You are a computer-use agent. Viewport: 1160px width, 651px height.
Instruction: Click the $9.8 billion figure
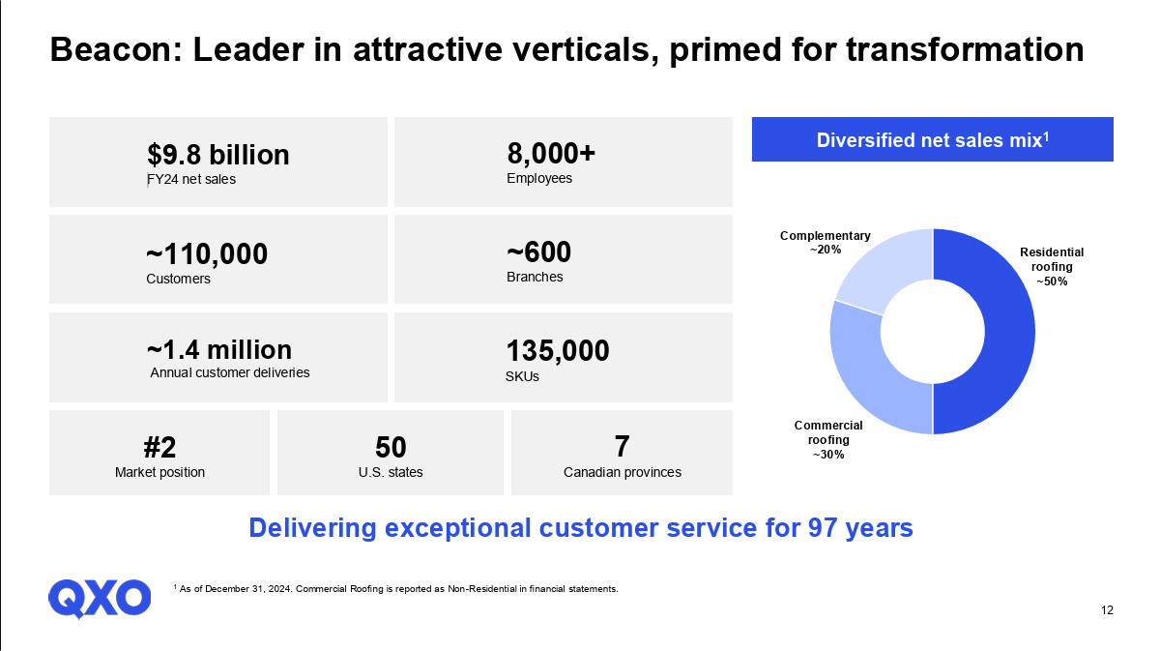coord(217,155)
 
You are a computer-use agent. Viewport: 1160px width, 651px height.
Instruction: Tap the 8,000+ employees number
coord(551,154)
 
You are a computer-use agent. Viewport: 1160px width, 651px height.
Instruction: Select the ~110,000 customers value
coord(207,253)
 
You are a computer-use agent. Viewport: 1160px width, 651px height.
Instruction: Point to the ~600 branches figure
coord(539,252)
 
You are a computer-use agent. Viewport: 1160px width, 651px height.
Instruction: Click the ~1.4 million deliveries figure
coord(218,349)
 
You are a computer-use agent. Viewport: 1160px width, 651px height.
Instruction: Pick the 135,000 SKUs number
coord(558,351)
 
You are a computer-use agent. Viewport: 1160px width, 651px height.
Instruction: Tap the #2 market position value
coord(159,447)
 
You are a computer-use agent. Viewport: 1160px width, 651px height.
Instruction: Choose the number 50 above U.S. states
coord(391,447)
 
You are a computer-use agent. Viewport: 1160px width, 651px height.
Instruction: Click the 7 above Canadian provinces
coord(622,447)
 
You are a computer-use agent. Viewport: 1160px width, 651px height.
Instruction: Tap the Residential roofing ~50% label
coord(1052,266)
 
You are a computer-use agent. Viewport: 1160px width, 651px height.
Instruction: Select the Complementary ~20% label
coord(825,242)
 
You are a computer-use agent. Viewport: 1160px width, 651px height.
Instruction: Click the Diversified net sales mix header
coord(933,139)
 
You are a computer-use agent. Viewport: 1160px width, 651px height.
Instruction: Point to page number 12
coord(1107,610)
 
